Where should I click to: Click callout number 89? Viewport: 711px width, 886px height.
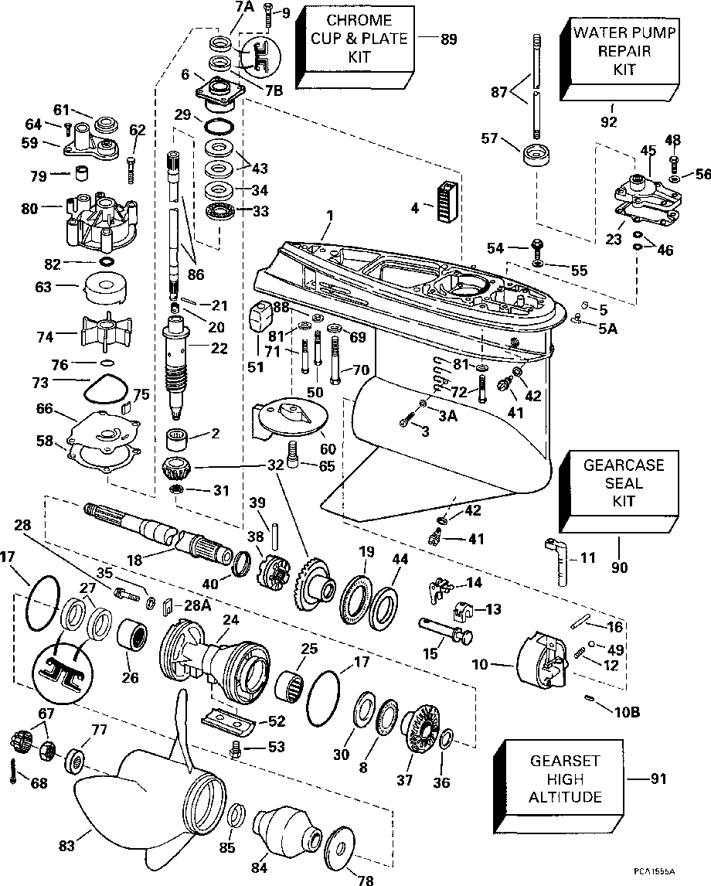coord(447,40)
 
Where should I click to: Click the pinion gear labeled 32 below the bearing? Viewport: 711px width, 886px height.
coord(177,469)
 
